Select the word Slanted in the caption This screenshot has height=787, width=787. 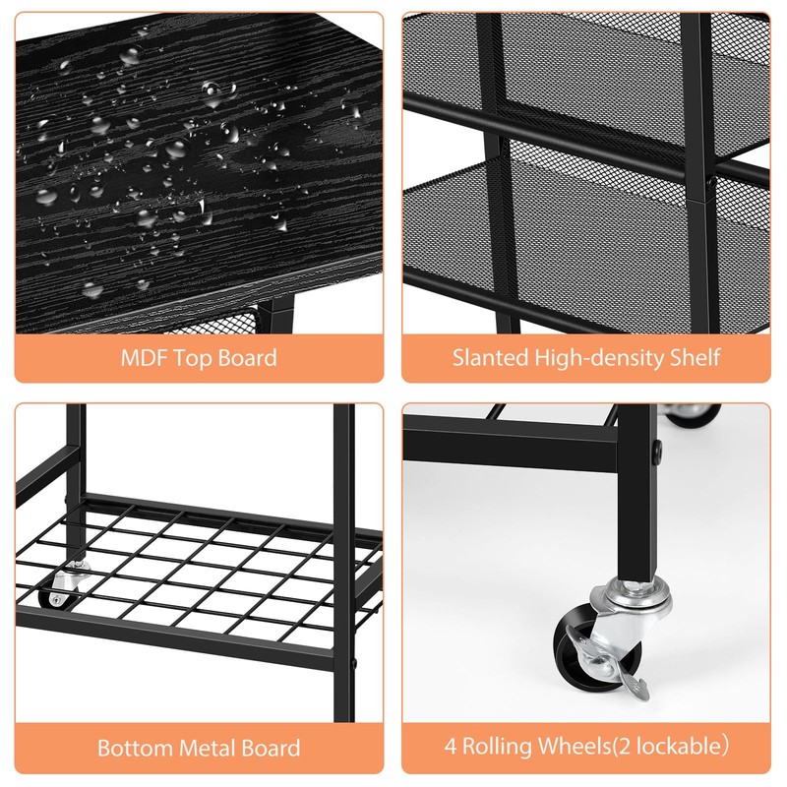point(490,356)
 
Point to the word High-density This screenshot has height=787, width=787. point(598,356)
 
